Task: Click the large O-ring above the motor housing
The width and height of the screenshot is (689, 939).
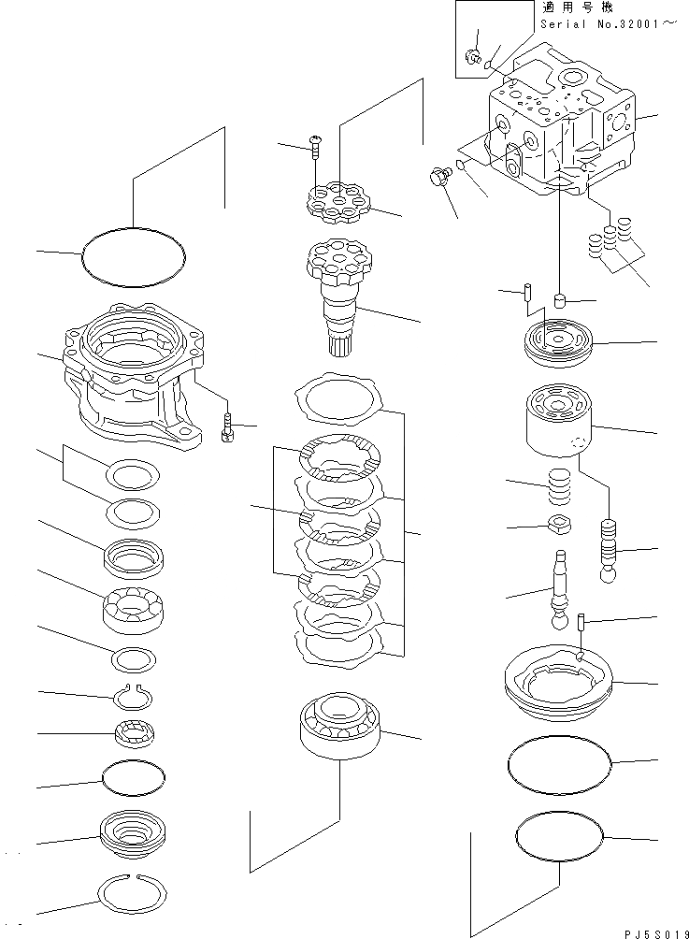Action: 134,253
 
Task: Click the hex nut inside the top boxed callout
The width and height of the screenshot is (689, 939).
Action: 474,59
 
